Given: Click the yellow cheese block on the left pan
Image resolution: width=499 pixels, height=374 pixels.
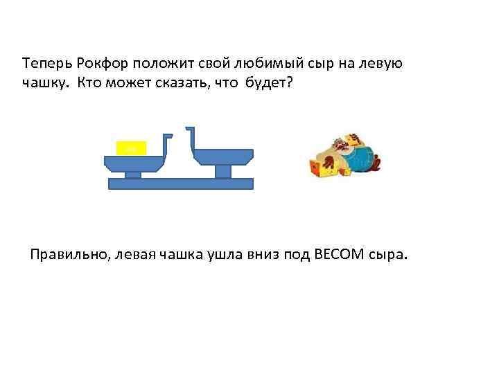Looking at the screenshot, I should click(132, 148).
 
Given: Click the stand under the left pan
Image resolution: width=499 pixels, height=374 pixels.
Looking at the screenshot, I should click(132, 174).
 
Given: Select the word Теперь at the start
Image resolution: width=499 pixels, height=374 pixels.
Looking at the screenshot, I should click(44, 64).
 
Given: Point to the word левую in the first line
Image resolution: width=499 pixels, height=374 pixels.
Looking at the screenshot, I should click(380, 64).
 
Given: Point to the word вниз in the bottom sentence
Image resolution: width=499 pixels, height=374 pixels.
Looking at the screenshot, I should click(254, 255).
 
